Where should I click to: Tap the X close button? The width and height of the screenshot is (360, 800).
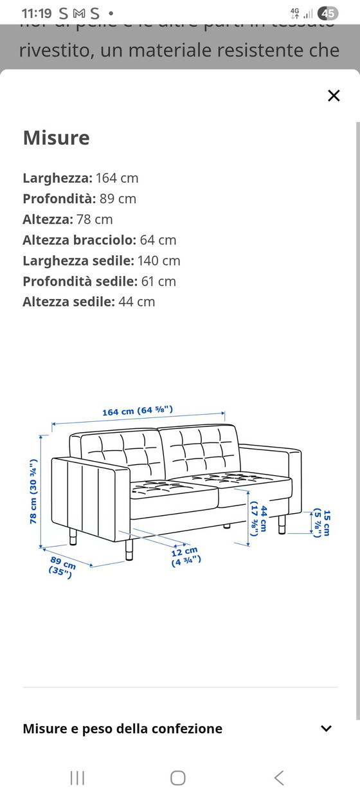pos(334,96)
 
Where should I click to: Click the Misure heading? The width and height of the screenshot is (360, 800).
pos(57,138)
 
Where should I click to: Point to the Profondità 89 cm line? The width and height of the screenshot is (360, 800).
pos(80,199)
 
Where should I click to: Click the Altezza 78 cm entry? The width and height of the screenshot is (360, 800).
pos(67,219)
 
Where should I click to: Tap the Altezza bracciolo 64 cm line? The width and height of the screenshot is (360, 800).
pos(99,240)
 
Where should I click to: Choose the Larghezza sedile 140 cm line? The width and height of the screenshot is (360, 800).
pos(102,260)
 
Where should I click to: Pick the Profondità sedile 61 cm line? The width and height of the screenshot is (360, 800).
pos(99,281)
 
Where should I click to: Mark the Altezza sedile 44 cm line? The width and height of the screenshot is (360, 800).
pos(89,302)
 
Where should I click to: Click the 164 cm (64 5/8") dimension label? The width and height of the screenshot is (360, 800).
pos(138,411)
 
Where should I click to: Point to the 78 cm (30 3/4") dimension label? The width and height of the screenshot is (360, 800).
pos(33,491)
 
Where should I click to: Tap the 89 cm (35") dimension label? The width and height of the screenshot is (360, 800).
pos(62,567)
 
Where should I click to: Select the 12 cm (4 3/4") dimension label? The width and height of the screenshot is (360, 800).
pos(186,556)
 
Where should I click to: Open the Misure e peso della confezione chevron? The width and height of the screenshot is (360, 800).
pos(327,729)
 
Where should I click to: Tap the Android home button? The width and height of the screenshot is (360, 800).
pos(178,778)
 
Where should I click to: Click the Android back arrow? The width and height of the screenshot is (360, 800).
pos(279,778)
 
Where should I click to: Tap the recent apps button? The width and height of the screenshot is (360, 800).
pos(77,778)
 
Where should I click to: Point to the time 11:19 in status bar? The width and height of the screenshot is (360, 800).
pos(35,13)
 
